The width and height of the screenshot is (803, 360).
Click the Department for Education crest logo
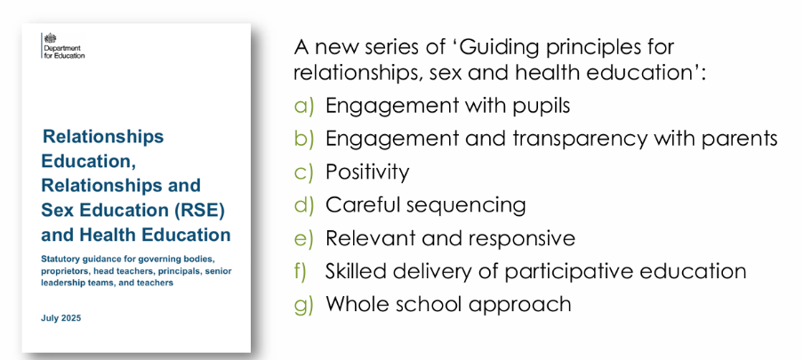(x=50, y=38)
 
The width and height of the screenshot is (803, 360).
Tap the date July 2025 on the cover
(x=61, y=318)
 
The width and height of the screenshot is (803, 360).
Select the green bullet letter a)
(x=303, y=106)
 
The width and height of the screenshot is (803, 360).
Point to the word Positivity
(x=367, y=173)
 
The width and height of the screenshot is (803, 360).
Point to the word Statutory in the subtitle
(x=59, y=259)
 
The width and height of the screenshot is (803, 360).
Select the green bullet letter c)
(x=303, y=172)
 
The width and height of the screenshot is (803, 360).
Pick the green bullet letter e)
(x=303, y=239)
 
